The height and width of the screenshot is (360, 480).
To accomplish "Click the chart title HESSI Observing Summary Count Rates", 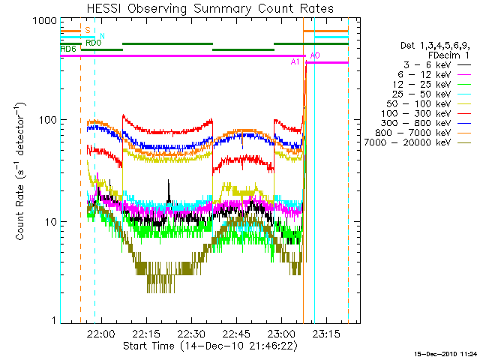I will pos(210,8).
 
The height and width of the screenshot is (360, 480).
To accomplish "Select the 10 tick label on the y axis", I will pos(50,222).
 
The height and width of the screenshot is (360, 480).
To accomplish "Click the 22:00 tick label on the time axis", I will pos(100,333).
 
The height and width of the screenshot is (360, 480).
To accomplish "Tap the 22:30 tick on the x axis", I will pos(191,333).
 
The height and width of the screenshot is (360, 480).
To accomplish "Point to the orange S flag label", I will pos(88,31).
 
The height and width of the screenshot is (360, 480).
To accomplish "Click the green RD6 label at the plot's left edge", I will pos(67,49).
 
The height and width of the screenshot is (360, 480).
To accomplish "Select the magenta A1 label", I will pos(295,61).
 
